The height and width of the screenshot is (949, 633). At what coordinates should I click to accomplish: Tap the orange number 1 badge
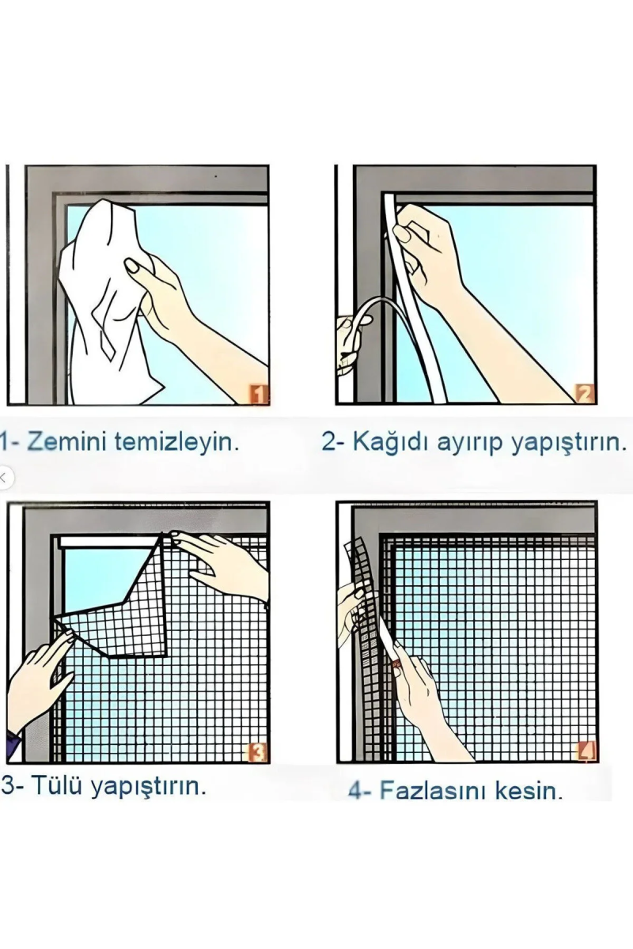pos(260,394)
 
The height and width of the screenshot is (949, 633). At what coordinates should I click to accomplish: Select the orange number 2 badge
pos(584,393)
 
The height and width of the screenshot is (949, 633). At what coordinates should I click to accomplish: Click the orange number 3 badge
pos(259,752)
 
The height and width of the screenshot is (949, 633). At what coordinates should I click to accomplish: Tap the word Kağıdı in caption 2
pos(389,442)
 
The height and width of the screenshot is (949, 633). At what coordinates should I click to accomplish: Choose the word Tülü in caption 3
pos(59,787)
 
